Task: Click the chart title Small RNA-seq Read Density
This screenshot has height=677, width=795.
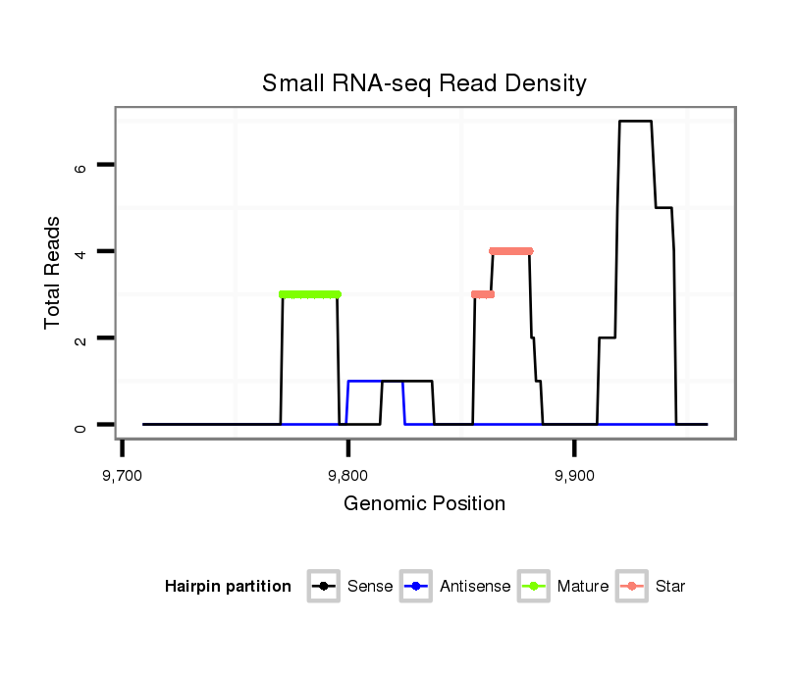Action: pyautogui.click(x=424, y=83)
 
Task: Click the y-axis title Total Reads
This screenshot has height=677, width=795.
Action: pyautogui.click(x=53, y=273)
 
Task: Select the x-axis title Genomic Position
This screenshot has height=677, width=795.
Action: pyautogui.click(x=424, y=504)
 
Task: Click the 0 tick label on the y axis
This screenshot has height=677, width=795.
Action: pyautogui.click(x=80, y=425)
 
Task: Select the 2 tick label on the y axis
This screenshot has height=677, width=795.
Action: pyautogui.click(x=80, y=338)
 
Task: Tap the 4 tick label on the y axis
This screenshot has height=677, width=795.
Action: pyautogui.click(x=80, y=252)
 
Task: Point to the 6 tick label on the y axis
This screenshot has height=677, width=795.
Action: pyautogui.click(x=80, y=166)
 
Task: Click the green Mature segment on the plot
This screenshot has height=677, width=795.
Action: pyautogui.click(x=310, y=294)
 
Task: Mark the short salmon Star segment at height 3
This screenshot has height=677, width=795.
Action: pyautogui.click(x=482, y=294)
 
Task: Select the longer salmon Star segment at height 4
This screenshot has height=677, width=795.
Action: pyautogui.click(x=510, y=251)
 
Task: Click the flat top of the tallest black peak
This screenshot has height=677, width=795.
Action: pyautogui.click(x=635, y=121)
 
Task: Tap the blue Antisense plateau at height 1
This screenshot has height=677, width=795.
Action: pyautogui.click(x=363, y=381)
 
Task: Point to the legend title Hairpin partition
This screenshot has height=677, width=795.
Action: pyautogui.click(x=228, y=587)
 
